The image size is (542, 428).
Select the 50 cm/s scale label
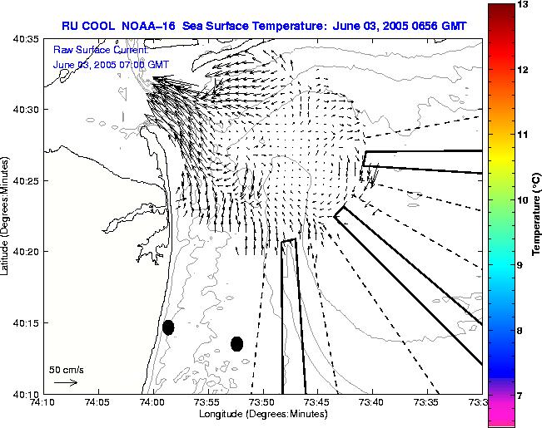tap(66, 369)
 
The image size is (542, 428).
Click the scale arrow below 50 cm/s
tap(65, 382)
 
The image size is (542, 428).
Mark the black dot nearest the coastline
tap(168, 327)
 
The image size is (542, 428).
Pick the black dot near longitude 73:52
tap(236, 343)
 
